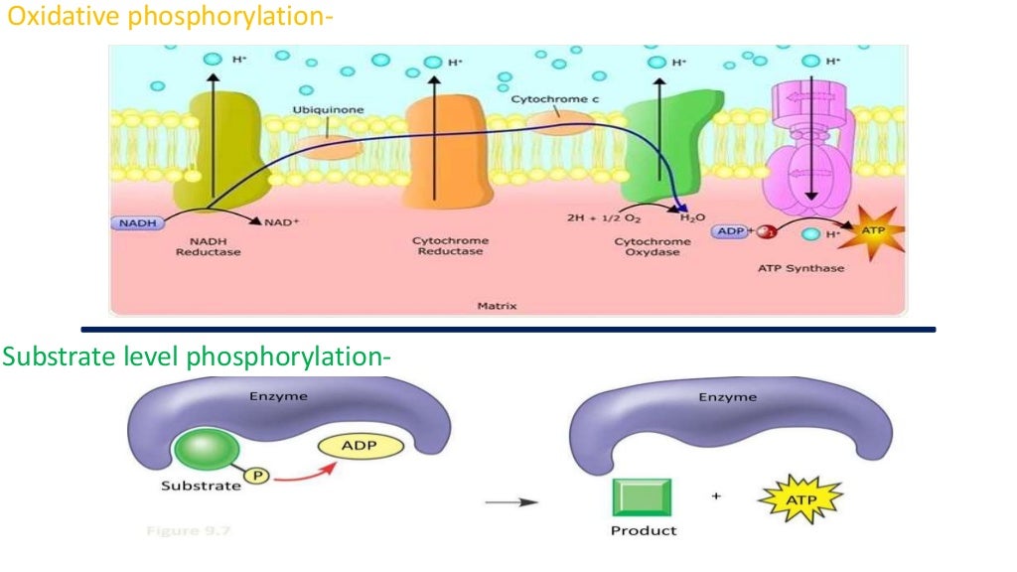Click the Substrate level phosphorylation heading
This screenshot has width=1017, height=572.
[194, 356]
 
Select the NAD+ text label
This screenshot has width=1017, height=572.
[282, 222]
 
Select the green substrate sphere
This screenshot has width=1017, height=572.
[200, 451]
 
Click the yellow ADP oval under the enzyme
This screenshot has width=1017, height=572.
[361, 448]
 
